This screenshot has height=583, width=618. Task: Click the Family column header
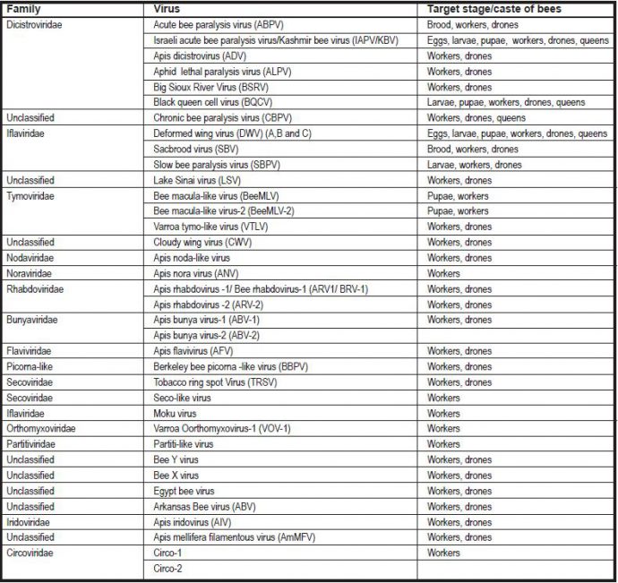click(23, 8)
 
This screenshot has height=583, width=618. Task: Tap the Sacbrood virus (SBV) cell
click(195, 149)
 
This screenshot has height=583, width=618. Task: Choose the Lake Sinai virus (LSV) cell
click(199, 180)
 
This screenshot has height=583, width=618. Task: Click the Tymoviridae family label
click(31, 195)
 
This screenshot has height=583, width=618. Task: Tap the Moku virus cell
click(176, 413)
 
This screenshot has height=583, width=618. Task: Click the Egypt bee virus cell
click(184, 491)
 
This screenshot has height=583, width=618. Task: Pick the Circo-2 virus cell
click(167, 568)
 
